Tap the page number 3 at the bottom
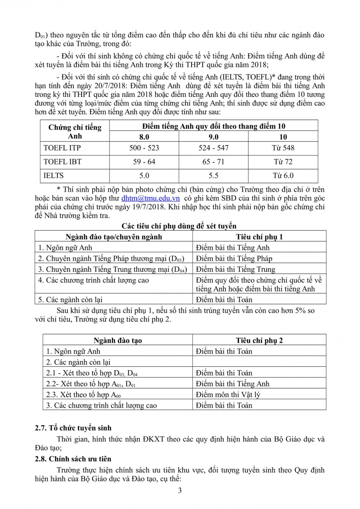pos(180,490)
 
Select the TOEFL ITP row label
pos(62,148)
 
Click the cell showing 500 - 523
pos(144,148)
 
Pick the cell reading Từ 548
pos(283,148)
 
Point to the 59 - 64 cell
pos(144,162)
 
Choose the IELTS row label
pos(54,176)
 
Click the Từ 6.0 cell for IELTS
pos(283,176)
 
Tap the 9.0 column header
pos(213,137)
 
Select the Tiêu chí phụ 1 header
pos(259,237)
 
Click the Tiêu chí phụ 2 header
pos(259,340)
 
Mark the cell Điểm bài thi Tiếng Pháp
pos(234,259)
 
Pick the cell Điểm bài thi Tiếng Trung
pos(235,269)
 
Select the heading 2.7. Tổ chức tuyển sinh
pos(73,428)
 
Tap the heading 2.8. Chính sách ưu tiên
pos(73,459)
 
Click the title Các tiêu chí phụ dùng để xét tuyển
pos(179,226)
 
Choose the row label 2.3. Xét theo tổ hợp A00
pos(83,395)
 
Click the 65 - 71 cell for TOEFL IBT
pos(213,162)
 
